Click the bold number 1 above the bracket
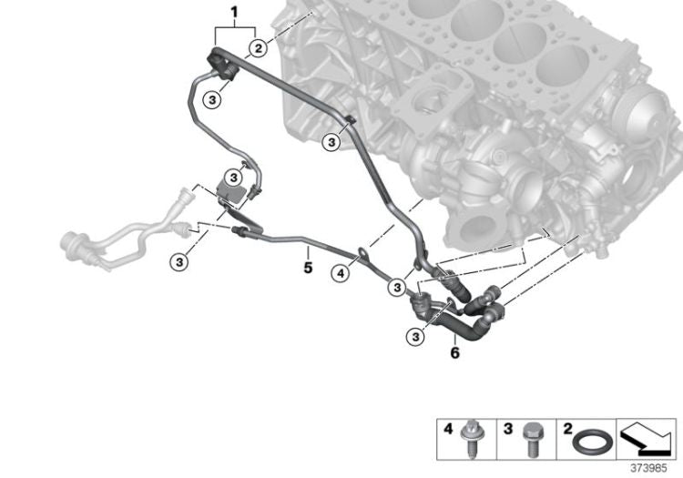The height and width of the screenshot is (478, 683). click(x=234, y=12)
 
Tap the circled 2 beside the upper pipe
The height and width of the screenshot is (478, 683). click(x=259, y=48)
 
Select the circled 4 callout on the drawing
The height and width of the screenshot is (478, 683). click(x=339, y=270)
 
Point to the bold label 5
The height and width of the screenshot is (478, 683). click(x=308, y=268)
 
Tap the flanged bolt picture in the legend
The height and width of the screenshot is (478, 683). click(x=474, y=434)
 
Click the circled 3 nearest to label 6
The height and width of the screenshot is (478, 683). click(x=414, y=338)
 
